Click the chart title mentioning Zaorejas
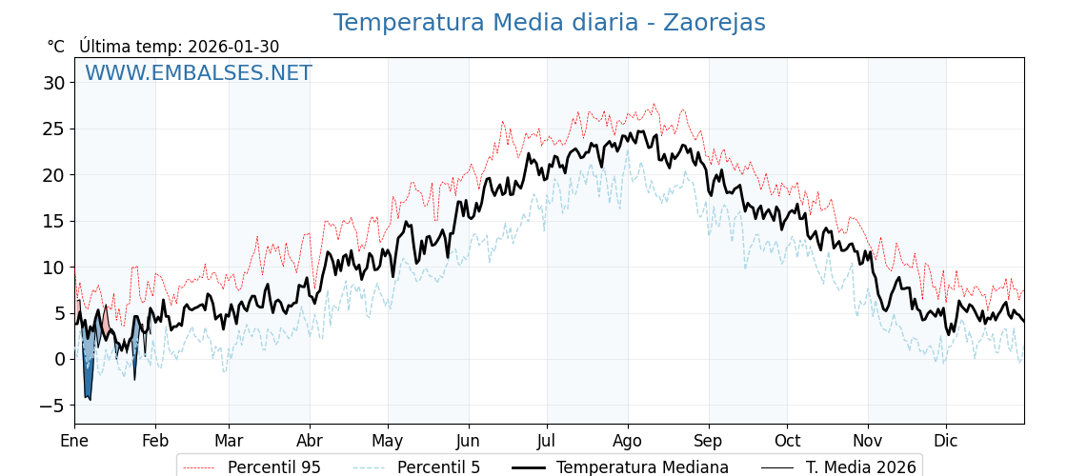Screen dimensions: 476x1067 coord(549,23)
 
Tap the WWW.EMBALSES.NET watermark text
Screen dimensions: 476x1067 coord(198,73)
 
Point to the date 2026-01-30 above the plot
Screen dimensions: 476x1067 coord(233,47)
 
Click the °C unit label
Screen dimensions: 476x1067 coord(55,47)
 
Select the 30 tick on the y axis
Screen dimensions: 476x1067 coord(53,83)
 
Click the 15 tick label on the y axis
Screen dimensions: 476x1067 coord(53,221)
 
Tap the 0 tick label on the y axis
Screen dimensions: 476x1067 coord(59,360)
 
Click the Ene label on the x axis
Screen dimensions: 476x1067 coord(74,441)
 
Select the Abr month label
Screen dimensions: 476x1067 coord(310,441)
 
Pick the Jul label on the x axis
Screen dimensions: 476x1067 coord(547,441)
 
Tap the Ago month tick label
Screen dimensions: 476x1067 coord(628,441)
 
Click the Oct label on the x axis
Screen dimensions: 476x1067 coord(787,441)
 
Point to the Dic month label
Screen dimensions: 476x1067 coord(946,441)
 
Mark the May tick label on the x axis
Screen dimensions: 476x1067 coord(388,441)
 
